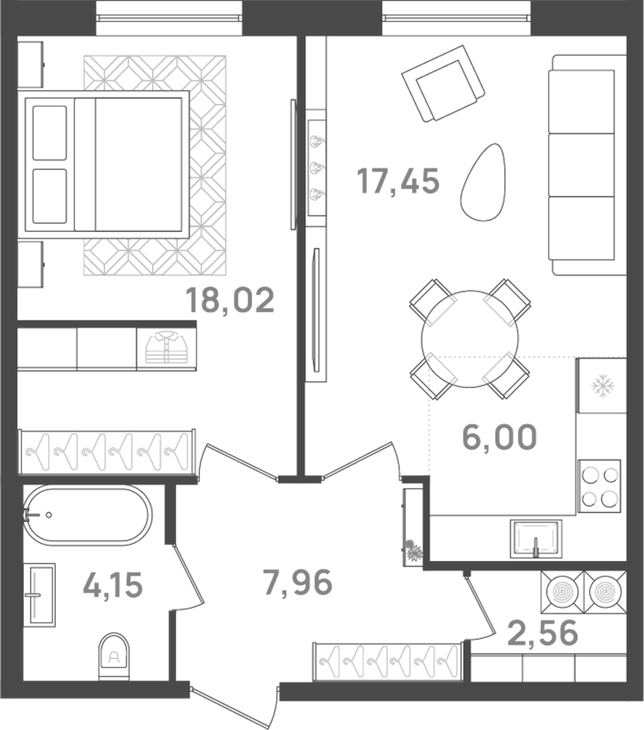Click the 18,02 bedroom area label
click(x=230, y=300)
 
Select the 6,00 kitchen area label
click(x=499, y=438)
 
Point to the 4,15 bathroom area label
click(x=113, y=585)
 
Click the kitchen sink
click(x=535, y=537)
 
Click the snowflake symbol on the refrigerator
click(x=602, y=386)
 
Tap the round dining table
click(x=470, y=338)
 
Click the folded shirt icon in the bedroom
click(x=166, y=349)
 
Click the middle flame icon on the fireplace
click(x=317, y=167)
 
